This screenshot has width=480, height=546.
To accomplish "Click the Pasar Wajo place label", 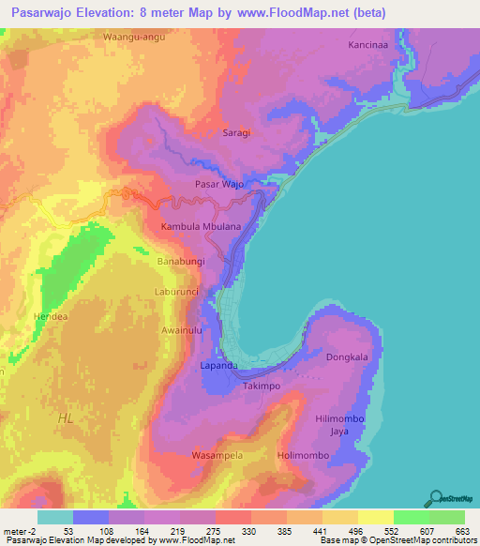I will point(218,185).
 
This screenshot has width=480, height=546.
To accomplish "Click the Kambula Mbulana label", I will point(202,227).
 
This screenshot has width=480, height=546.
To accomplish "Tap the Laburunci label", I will point(178,292).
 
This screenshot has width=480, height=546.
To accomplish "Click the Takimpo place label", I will point(262,386).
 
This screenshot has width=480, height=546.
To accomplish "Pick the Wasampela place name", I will point(217,455).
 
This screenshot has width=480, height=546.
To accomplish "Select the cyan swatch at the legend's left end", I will point(54,517).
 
